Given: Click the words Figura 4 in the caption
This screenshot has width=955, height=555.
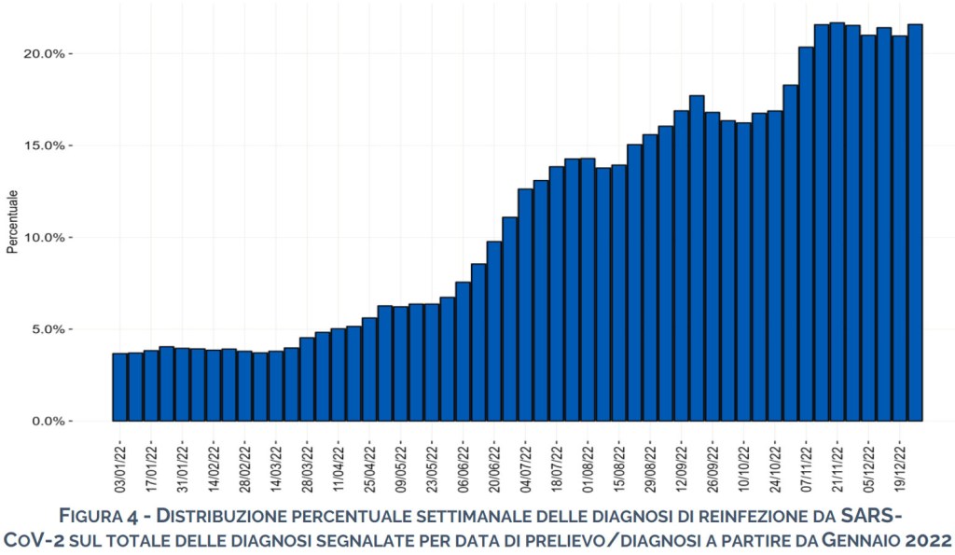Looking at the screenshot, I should [99, 517].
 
